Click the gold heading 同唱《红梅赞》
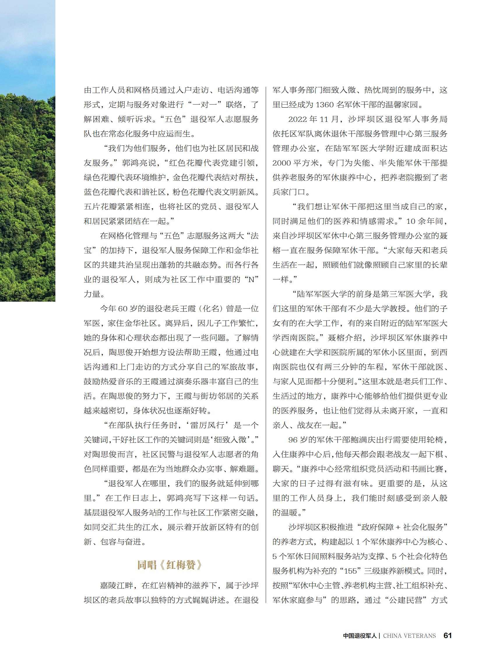coord(169,565)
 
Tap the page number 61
coord(447,635)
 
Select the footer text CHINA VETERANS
coord(409,636)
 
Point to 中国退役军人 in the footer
coord(360,636)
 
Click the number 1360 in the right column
coord(324,104)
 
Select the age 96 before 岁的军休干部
coord(293,440)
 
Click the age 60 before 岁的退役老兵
coord(123,308)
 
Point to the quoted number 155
coord(350,571)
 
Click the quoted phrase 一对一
coord(205,104)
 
